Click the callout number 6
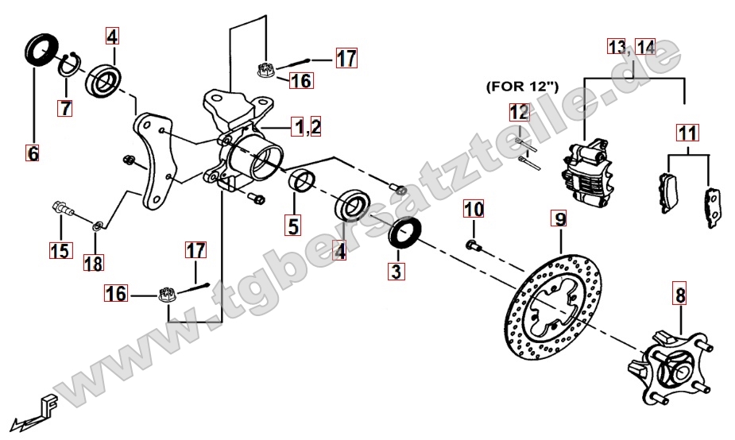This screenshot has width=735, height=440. [x=33, y=153]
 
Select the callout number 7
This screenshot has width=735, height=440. [x=66, y=108]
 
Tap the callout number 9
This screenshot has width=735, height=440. [x=561, y=219]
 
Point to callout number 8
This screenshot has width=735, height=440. [x=680, y=295]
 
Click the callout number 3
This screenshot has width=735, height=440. [x=397, y=271]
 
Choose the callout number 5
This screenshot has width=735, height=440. [x=293, y=226]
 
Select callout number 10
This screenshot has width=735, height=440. [x=474, y=209]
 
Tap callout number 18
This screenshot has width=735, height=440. [x=94, y=264]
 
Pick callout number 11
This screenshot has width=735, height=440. [x=687, y=133]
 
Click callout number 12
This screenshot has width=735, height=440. [x=520, y=113]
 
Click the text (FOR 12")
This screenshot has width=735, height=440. [x=522, y=87]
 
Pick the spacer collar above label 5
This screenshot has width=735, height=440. [x=302, y=181]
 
